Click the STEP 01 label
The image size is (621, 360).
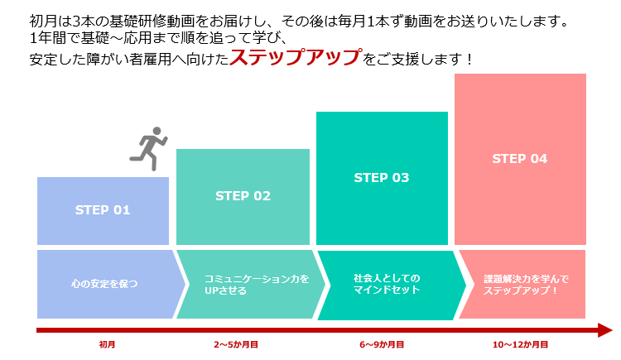click(103, 210)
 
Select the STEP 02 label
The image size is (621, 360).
click(243, 195)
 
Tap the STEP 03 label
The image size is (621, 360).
click(382, 177)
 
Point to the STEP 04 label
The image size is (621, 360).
click(520, 158)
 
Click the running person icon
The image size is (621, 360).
click(149, 149)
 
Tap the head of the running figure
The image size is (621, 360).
click(156, 131)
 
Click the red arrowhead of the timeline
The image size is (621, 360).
click(605, 330)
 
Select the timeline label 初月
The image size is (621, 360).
click(107, 344)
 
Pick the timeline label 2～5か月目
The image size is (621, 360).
click(236, 344)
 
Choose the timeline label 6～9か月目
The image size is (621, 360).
click(382, 344)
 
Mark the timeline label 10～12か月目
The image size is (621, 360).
click(521, 344)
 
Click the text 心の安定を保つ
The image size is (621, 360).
click(104, 284)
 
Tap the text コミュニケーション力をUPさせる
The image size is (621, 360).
click(257, 285)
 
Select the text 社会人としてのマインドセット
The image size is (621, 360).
click(387, 284)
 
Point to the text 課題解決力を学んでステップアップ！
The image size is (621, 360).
click(526, 285)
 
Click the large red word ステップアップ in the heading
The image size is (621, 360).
click(296, 57)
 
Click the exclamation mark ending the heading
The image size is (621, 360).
click(469, 60)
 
